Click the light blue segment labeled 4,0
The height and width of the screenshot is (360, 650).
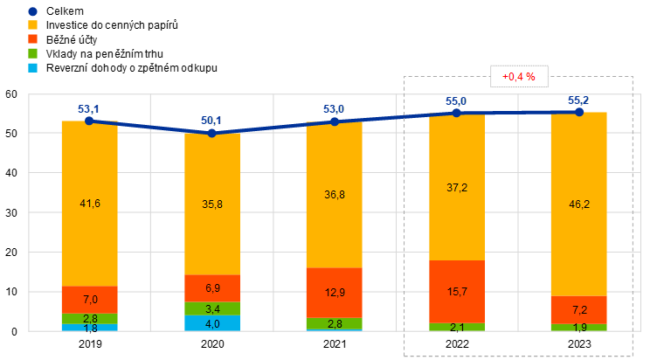(212, 323)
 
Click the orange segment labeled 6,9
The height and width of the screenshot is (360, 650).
(212, 287)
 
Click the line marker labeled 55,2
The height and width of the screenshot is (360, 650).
(579, 112)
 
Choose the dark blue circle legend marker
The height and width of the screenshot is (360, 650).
(32, 11)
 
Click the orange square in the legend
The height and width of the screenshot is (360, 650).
(32, 39)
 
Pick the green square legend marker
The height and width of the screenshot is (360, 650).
(32, 53)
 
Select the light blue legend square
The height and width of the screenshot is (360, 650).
(32, 67)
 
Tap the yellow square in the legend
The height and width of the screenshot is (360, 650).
(32, 25)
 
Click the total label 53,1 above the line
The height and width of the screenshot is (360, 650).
(88, 109)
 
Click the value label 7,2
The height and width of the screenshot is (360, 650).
(579, 310)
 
